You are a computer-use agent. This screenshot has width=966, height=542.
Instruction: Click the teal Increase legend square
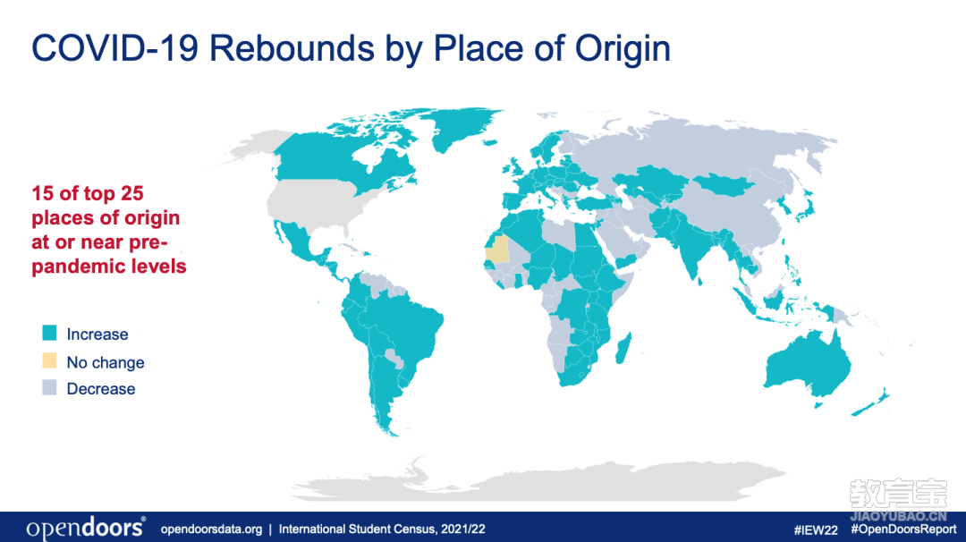49,334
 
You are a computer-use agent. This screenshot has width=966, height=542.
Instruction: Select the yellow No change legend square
49,361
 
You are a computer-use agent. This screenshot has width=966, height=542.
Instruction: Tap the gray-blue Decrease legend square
49,388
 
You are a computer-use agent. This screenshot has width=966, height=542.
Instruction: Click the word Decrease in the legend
101,389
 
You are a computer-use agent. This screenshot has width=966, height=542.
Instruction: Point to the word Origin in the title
623,48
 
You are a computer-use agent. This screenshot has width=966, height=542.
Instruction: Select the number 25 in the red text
132,193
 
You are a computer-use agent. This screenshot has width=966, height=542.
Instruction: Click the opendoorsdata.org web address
211,529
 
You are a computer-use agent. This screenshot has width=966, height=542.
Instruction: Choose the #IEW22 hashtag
816,529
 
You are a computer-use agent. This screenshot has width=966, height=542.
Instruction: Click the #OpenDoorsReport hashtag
903,529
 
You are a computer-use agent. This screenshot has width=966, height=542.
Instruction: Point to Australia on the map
807,368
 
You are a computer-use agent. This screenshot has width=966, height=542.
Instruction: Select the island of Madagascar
624,349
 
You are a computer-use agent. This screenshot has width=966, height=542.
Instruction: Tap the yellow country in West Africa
498,249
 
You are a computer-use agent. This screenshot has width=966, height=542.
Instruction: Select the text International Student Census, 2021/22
382,529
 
